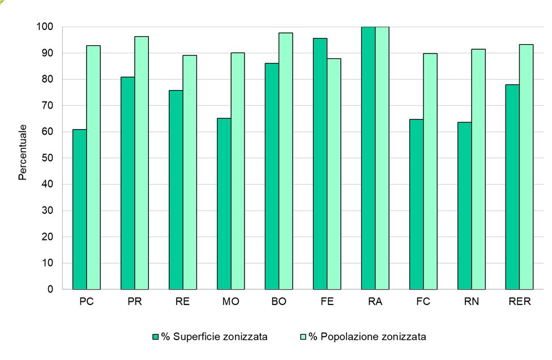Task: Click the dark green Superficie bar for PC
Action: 80,209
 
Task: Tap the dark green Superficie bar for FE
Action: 320,164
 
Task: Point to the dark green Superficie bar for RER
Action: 512,187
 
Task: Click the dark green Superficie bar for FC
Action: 416,204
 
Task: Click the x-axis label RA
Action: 375,302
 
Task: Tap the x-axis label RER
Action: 519,302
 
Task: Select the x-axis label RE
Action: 182,302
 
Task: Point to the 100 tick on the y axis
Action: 45,27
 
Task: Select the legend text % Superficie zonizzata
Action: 215,337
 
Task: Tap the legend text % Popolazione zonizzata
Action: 373,337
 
